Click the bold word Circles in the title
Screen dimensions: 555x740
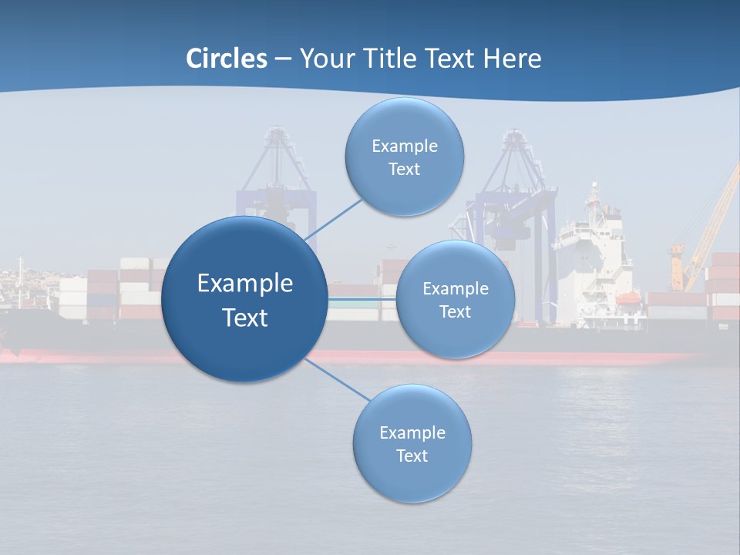(x=227, y=59)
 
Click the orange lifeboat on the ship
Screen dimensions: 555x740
(x=629, y=297)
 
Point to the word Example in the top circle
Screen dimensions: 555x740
(x=404, y=146)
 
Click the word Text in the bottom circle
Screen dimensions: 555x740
(x=412, y=456)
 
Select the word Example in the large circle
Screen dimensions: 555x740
(x=244, y=284)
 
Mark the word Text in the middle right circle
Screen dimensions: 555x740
(x=455, y=312)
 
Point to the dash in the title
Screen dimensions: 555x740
(x=283, y=59)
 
